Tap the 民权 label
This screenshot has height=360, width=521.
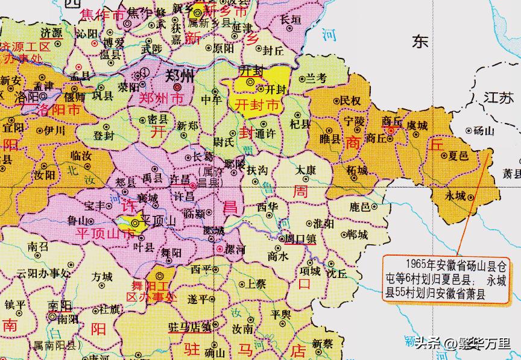pos(349,101)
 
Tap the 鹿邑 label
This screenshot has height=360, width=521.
pos(360,207)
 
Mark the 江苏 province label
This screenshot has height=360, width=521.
pos(498,97)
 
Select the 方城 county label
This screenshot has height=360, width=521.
pos(102,277)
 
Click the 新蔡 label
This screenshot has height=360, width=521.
pos(323,343)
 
